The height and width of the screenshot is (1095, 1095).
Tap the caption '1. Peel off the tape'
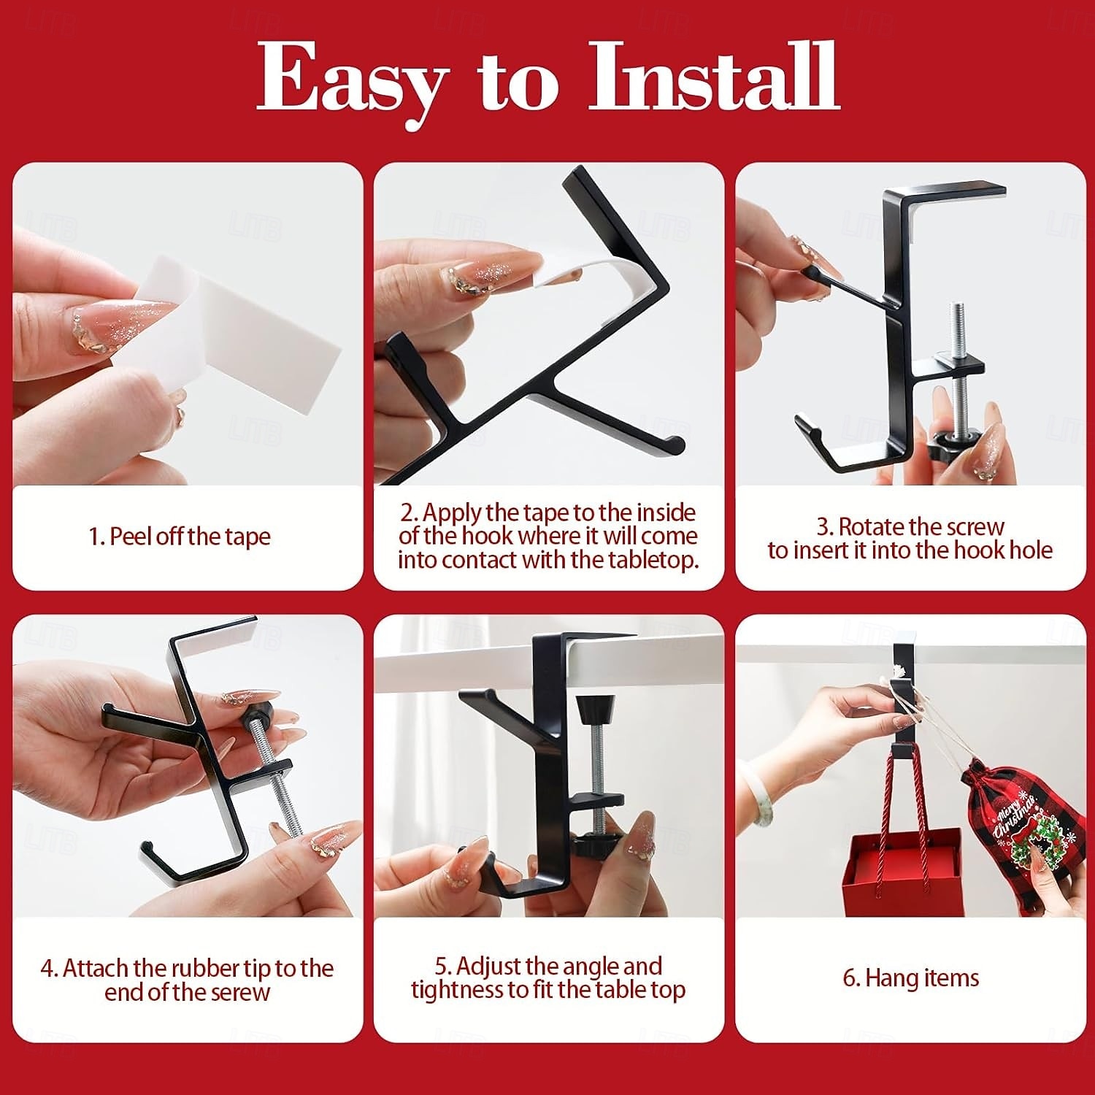point(180,537)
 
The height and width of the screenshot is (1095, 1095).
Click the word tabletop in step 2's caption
point(642,561)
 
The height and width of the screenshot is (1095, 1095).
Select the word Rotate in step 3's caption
point(872,526)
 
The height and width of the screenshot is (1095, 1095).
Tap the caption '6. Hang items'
point(910,977)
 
